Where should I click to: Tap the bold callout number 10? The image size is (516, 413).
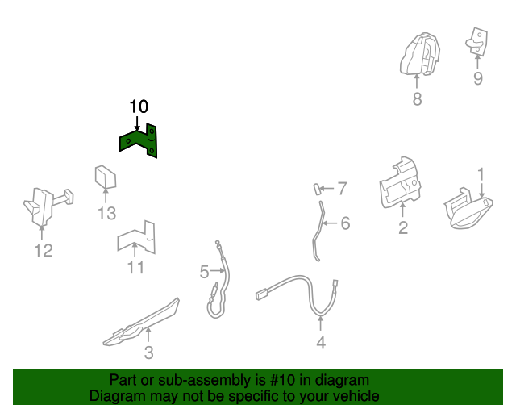click(x=139, y=106)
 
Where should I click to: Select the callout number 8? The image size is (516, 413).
click(x=417, y=98)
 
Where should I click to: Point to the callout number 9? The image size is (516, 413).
click(x=478, y=78)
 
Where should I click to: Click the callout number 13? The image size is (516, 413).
click(x=107, y=213)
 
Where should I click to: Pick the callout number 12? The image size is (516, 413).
click(x=44, y=250)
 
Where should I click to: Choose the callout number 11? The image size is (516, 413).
click(x=135, y=268)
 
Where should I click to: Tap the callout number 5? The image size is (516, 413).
click(x=204, y=272)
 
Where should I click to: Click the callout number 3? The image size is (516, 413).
click(x=148, y=353)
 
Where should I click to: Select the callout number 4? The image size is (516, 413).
click(x=321, y=343)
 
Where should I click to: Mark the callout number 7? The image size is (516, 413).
click(x=342, y=189)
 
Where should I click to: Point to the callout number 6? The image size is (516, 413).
click(x=345, y=223)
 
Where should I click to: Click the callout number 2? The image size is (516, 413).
click(x=403, y=227)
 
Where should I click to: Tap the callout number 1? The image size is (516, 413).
click(x=481, y=174)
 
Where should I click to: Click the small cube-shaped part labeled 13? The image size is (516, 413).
click(x=106, y=177)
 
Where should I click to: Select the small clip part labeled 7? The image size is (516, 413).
click(x=317, y=190)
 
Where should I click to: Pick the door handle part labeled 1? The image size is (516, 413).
click(x=468, y=209)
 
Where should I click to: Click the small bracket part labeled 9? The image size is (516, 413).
click(x=476, y=41)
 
